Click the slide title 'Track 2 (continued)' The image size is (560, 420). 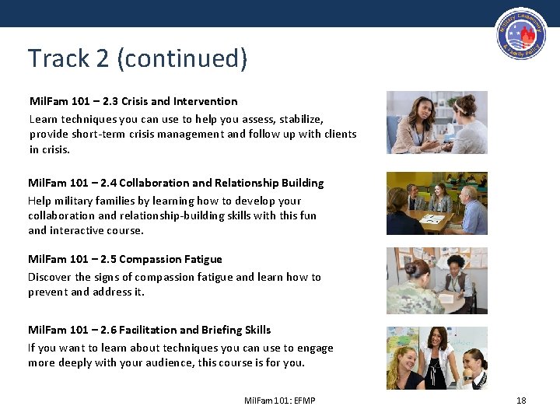point(138,58)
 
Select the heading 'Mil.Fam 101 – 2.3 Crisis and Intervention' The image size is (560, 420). point(133,101)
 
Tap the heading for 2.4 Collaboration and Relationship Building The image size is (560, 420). point(176,183)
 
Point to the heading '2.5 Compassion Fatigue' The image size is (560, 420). point(125,259)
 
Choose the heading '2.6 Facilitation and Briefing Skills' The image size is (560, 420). point(149,330)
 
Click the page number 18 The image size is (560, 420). point(521,401)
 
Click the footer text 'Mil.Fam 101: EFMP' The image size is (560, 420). point(279,401)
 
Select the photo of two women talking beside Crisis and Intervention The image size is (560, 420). point(436,122)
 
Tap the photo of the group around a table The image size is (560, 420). point(436,204)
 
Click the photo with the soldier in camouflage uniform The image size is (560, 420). point(436,281)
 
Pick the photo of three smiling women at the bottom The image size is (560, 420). point(436,358)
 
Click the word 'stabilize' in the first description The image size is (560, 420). point(299,119)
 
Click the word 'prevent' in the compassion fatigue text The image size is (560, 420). point(47,292)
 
